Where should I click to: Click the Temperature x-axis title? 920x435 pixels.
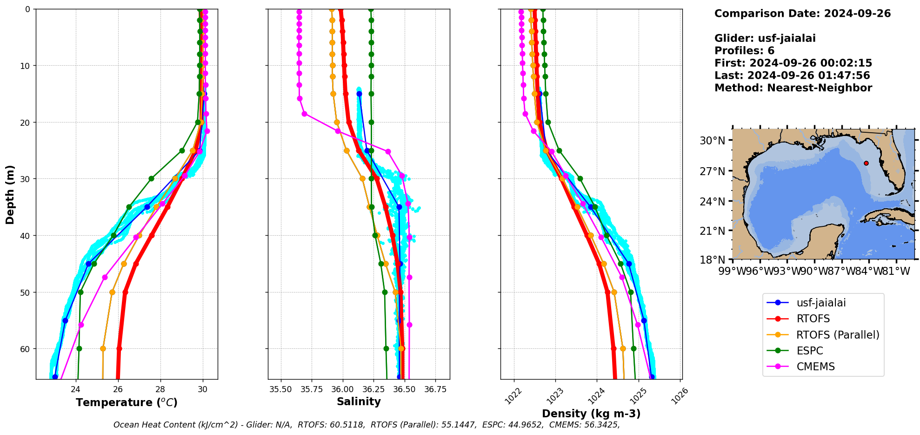pyautogui.click(x=127, y=402)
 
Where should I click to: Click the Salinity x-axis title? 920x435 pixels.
pyautogui.click(x=359, y=401)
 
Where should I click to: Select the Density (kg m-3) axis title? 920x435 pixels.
pyautogui.click(x=591, y=414)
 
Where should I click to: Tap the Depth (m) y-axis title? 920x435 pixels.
pyautogui.click(x=10, y=194)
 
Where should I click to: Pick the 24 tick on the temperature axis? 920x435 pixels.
pyautogui.click(x=76, y=389)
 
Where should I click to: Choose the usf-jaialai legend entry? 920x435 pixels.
pyautogui.click(x=821, y=303)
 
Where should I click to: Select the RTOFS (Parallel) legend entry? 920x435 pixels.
pyautogui.click(x=838, y=335)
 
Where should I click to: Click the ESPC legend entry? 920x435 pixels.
pyautogui.click(x=809, y=351)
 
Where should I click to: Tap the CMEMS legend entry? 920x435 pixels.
pyautogui.click(x=815, y=367)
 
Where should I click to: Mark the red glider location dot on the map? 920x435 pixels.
pyautogui.click(x=866, y=163)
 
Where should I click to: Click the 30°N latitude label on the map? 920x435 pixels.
pyautogui.click(x=713, y=141)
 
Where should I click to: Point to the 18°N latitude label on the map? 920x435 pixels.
pyautogui.click(x=713, y=259)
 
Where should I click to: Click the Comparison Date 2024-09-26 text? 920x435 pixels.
pyautogui.click(x=802, y=14)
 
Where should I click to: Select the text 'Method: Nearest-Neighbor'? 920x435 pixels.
pyautogui.click(x=793, y=88)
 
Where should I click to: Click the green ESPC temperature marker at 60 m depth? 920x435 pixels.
pyautogui.click(x=79, y=348)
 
